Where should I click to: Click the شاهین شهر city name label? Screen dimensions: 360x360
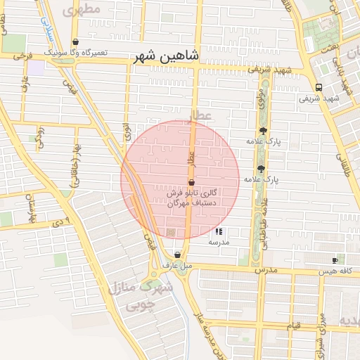click(166, 56)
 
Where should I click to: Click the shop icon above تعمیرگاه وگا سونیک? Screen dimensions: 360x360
click(76, 42)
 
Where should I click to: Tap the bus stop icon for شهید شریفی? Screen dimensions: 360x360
click(319, 88)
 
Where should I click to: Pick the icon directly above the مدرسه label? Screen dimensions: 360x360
click(219, 231)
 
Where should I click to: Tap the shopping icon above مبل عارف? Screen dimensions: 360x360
click(176, 255)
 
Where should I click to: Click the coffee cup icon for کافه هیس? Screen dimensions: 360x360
click(335, 260)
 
